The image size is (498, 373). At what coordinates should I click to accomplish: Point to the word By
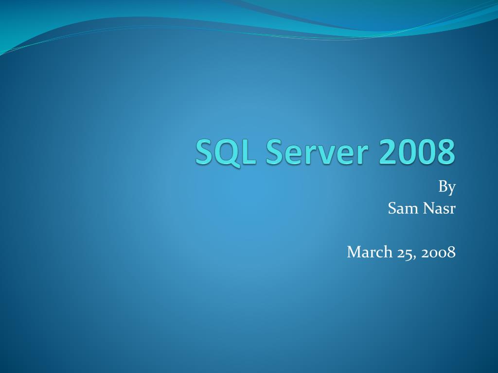tap(447, 186)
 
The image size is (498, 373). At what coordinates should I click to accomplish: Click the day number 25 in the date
tap(406, 252)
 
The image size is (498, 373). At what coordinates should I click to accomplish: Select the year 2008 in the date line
tap(438, 252)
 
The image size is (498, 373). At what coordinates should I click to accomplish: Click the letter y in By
tap(451, 188)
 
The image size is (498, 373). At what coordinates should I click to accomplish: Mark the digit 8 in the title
tap(445, 152)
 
